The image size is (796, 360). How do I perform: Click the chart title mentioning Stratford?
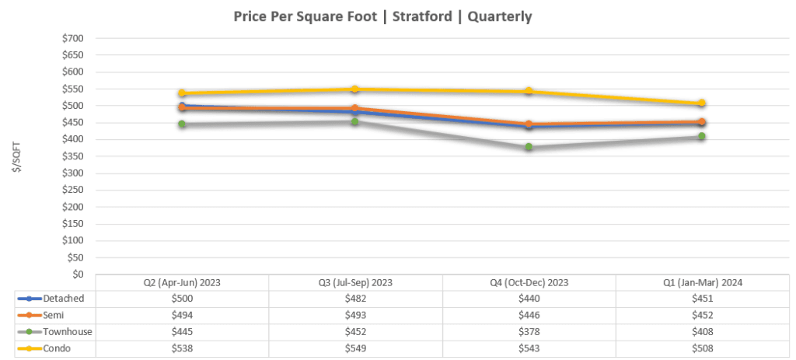[382, 16]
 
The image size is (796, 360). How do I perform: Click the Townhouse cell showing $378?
[529, 332]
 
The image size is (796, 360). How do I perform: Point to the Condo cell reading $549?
[354, 348]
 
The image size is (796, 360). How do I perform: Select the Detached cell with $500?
[181, 298]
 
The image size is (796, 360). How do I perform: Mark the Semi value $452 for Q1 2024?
[702, 315]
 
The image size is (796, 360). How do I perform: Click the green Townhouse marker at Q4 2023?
[529, 147]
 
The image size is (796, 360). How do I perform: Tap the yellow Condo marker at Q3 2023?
[354, 89]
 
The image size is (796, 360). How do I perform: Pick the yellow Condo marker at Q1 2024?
[702, 103]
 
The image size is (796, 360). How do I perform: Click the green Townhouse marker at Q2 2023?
[181, 124]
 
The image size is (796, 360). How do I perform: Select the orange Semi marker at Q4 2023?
[529, 124]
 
